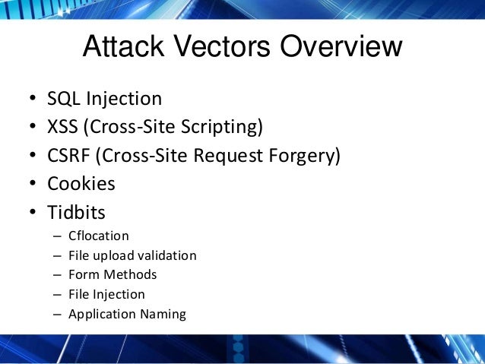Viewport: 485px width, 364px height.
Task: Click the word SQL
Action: click(64, 99)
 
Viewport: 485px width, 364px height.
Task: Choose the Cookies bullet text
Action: click(81, 183)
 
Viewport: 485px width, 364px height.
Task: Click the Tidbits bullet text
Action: click(76, 211)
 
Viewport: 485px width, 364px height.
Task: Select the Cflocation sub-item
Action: click(99, 236)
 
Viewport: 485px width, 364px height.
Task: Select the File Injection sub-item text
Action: click(106, 294)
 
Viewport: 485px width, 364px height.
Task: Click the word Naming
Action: click(164, 314)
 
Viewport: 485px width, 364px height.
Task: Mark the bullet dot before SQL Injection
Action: click(33, 100)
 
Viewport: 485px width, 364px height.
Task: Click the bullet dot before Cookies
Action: click(33, 184)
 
